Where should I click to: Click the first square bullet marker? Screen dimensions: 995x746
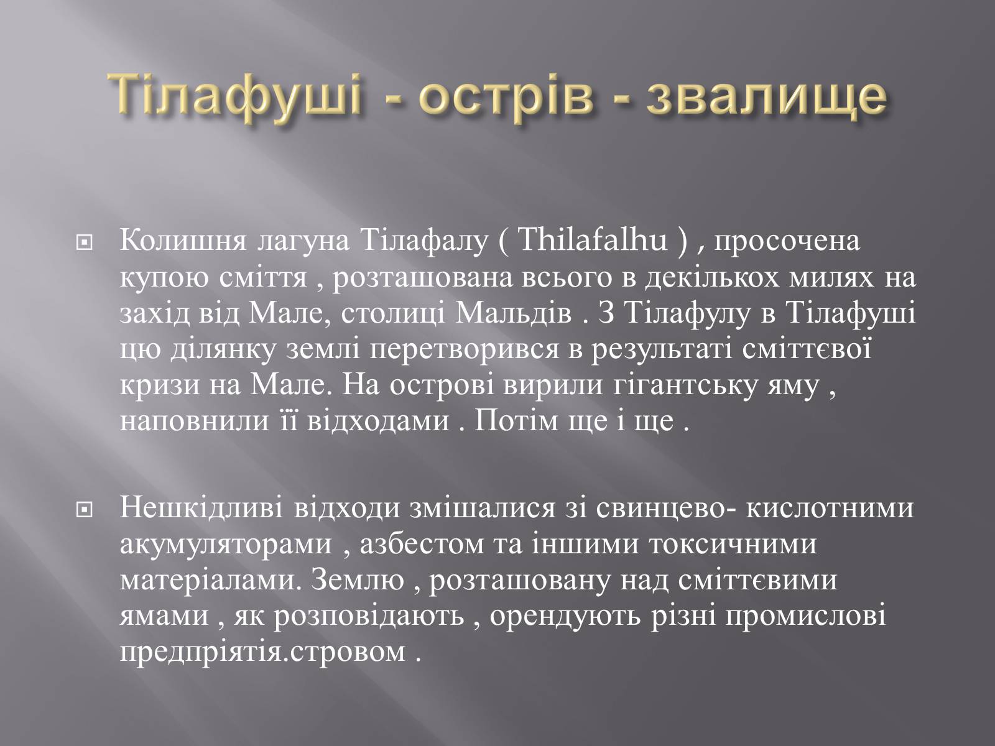[85, 244]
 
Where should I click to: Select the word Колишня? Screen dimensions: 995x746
[183, 241]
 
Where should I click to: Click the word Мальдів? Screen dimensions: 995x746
[514, 313]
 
